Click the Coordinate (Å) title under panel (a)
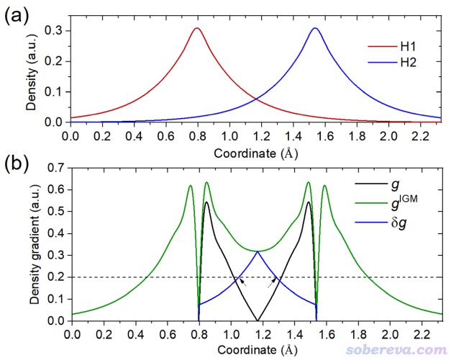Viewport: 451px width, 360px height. (x=255, y=152)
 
